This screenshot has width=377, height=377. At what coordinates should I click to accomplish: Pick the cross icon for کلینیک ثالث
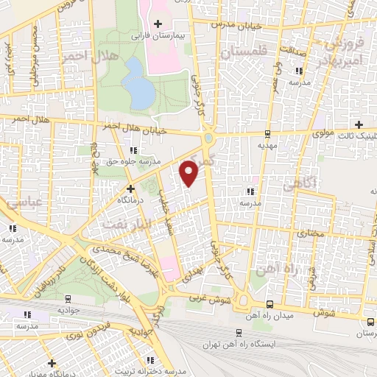pos(359,124)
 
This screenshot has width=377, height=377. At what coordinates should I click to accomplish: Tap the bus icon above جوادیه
pos(68,299)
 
